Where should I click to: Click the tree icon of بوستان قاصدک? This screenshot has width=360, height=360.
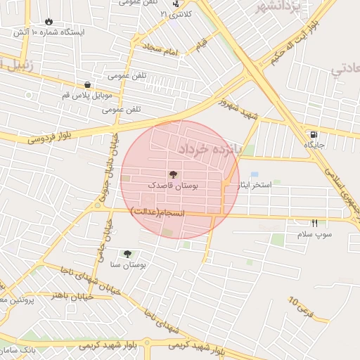pyautogui.click(x=173, y=174)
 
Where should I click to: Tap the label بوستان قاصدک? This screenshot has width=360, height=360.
pyautogui.click(x=173, y=185)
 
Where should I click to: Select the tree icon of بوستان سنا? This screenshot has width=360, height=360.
pyautogui.click(x=128, y=254)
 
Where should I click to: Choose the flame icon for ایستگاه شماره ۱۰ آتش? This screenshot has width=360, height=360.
pyautogui.click(x=49, y=22)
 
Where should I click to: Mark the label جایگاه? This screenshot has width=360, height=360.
pyautogui.click(x=313, y=144)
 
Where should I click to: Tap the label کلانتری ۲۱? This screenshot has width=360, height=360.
pyautogui.click(x=174, y=14)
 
